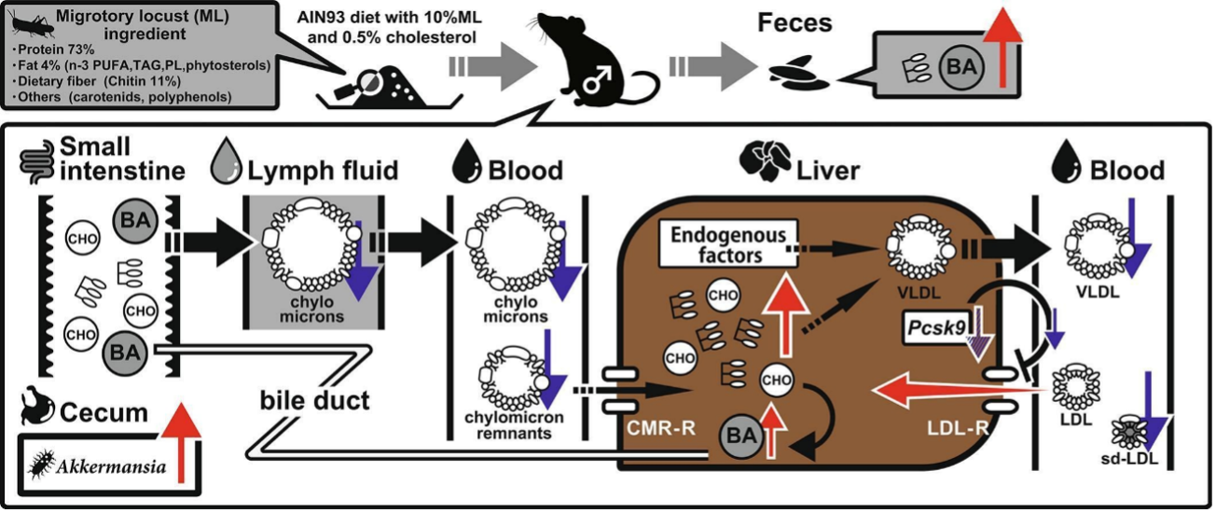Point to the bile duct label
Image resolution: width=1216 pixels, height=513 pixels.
(x=313, y=401)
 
